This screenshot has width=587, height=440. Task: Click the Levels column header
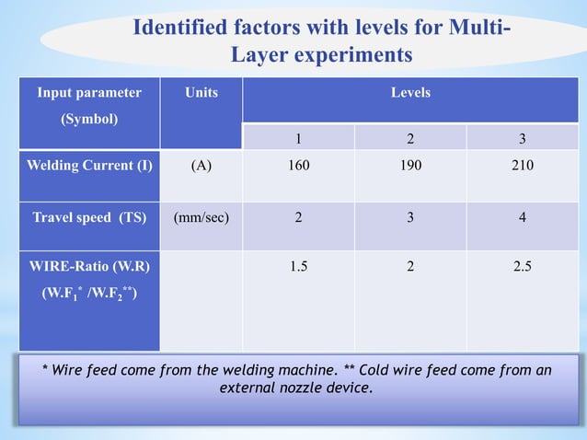[410, 93]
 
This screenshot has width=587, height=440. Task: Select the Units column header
[201, 93]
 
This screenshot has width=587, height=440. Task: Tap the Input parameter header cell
[89, 93]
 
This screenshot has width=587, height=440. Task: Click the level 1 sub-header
[297, 139]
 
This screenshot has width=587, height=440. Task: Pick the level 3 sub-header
[523, 139]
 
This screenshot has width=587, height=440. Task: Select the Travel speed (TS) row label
[89, 218]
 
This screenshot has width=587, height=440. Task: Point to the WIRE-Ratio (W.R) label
[89, 267]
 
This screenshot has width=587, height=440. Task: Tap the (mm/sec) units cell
[201, 218]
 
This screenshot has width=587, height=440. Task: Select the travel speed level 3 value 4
[523, 218]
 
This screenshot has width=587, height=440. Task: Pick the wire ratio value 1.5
[298, 267]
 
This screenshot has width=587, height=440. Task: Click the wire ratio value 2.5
[523, 267]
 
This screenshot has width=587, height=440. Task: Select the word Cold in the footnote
[375, 370]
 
